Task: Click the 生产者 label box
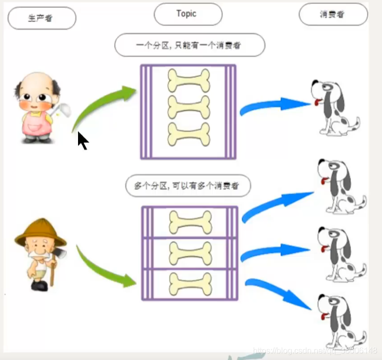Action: pos(42,19)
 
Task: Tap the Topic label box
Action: pos(188,14)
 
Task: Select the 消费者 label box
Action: pos(333,14)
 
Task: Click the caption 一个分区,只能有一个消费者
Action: pos(190,45)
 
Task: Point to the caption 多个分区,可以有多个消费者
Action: pos(188,186)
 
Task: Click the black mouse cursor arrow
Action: pos(83,141)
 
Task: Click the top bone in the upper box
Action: pos(189,81)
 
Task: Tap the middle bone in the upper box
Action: pos(189,107)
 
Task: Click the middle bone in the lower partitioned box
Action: pos(190,252)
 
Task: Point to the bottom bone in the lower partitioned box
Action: pos(190,284)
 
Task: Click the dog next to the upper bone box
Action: pos(334,107)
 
